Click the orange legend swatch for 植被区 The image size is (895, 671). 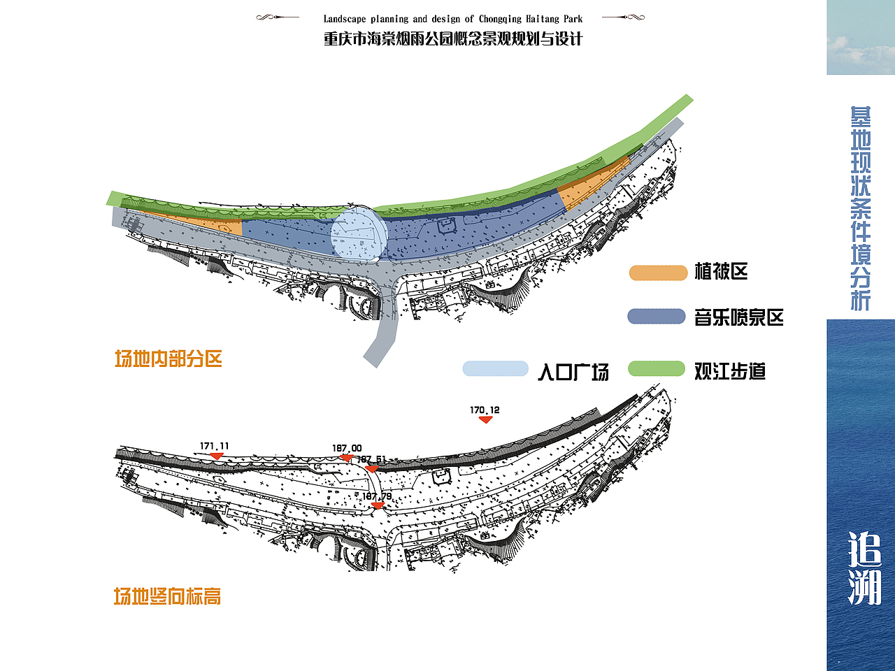coord(658,273)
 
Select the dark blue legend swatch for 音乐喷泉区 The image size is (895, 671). coord(657,317)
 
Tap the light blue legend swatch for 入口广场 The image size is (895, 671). coord(495,368)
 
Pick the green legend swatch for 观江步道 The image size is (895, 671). coord(657,369)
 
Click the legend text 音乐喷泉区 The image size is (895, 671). coord(738,317)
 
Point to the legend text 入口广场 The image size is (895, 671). coord(573,371)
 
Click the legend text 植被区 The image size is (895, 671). coord(721,271)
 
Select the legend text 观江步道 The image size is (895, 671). coord(729,371)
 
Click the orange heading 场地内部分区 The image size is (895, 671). coord(169,359)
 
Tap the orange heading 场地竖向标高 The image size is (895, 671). coord(168,596)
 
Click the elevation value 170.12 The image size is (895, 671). coord(485,410)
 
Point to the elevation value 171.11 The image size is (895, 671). coord(214,446)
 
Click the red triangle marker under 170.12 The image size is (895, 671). coord(485,420)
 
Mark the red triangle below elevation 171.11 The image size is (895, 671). coord(217,456)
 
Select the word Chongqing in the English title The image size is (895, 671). coord(500,19)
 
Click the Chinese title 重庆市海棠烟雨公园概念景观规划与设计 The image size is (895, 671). coord(452,39)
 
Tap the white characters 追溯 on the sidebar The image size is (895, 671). coord(865,568)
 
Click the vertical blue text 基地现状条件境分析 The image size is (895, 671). coord(861,208)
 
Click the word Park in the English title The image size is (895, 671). coord(573,19)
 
